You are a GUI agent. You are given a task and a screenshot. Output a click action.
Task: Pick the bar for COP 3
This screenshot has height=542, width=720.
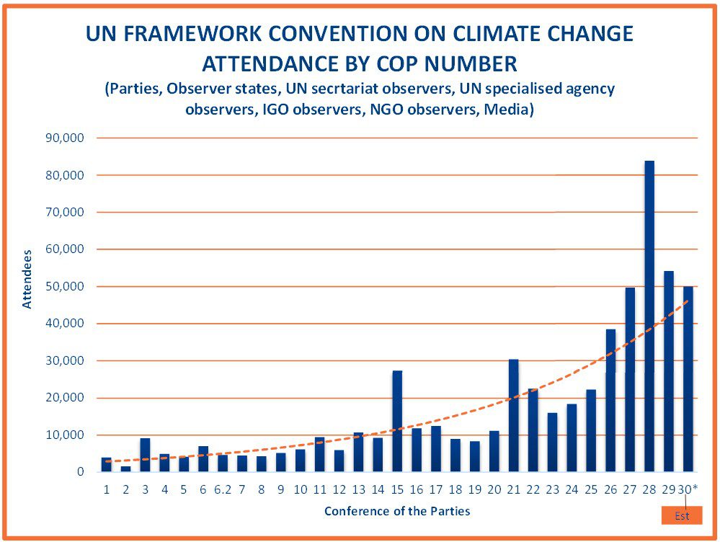[145, 455]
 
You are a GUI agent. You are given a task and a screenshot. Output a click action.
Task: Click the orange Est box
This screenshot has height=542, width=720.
[681, 516]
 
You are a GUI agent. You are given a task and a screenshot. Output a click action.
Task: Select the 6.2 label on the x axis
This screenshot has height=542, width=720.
[223, 489]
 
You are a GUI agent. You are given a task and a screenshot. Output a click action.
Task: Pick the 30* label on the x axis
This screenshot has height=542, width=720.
[688, 489]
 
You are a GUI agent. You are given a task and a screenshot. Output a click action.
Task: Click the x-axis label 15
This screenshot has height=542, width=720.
[396, 489]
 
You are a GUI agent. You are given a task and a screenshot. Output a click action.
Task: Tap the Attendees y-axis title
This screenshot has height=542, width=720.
[27, 279]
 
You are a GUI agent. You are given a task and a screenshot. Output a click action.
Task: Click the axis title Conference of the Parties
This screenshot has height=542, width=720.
[397, 511]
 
